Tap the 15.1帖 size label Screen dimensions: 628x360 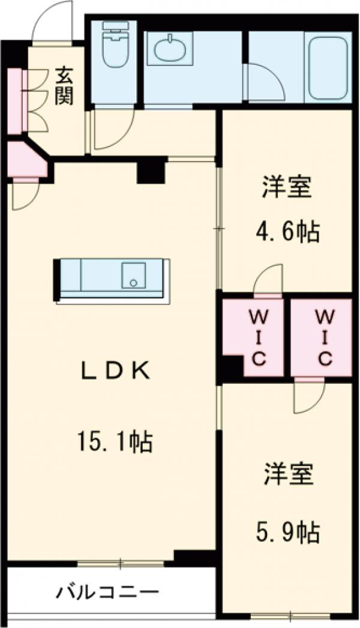point(114,442)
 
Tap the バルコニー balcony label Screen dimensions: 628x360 point(108,593)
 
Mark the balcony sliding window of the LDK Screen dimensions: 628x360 point(120,563)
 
